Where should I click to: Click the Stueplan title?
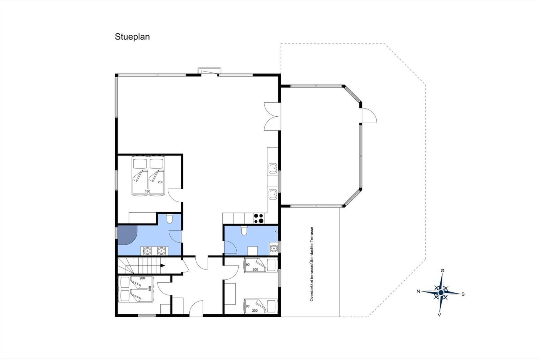pos(132,37)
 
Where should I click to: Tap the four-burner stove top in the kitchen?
pos(259,218)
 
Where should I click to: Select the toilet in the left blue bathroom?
pos(169,218)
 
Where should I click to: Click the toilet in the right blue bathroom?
pos(244,230)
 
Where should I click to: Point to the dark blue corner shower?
pos(126,234)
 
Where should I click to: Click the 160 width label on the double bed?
pos(147,191)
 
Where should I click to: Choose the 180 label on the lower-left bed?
pos(150,289)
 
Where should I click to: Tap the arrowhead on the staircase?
pos(163,265)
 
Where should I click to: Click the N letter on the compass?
pos(418,291)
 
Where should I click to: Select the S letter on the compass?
pos(463,294)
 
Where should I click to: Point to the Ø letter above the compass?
pos(442,271)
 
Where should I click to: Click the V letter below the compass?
pos(439,315)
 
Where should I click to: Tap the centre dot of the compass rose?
pos(441,293)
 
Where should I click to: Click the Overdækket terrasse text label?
pos(312,264)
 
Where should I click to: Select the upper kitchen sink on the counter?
pos(273,168)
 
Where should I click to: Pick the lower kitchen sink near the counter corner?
pos(273,194)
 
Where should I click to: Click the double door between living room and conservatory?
pos(272,117)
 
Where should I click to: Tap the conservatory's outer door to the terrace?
pos(369,115)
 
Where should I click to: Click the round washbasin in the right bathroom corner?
pos(274,248)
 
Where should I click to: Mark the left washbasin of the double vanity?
pos(147,251)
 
